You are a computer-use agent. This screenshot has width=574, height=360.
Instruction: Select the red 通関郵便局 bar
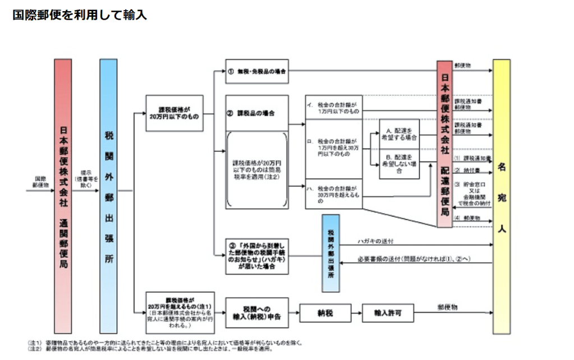tap(63, 196)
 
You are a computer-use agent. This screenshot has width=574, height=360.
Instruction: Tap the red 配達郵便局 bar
tap(444, 144)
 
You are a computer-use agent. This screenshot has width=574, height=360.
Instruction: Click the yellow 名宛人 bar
tap(502, 196)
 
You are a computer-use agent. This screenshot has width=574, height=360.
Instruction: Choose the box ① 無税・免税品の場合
tap(257, 71)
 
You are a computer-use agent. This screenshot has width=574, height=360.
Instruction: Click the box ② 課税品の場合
tap(257, 113)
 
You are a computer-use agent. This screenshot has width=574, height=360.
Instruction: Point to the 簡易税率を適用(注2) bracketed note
tap(257, 169)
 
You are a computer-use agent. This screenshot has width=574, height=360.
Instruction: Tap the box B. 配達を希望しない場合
tap(399, 163)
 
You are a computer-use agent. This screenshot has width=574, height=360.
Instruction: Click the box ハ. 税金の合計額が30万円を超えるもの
tap(333, 193)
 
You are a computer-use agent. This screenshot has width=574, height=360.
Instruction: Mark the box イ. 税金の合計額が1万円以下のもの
tap(333, 107)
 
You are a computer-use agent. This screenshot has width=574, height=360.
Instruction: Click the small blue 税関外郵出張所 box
tap(330, 253)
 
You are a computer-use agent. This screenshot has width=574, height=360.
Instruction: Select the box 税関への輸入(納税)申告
tap(257, 312)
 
